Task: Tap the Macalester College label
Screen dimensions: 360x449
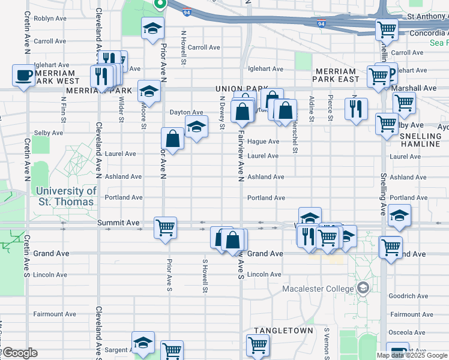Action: [x=318, y=289]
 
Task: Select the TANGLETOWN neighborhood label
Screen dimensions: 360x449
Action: [x=283, y=331]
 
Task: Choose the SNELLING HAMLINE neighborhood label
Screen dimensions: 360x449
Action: [x=420, y=140]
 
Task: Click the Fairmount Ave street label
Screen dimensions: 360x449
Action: [x=55, y=314]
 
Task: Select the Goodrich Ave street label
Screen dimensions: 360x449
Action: [x=408, y=296]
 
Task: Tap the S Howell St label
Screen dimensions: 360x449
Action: [x=205, y=277]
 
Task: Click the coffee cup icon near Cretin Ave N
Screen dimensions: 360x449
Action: [x=23, y=76]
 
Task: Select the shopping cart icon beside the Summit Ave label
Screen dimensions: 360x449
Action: [x=165, y=227]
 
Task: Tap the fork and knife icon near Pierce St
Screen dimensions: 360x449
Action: [x=357, y=108]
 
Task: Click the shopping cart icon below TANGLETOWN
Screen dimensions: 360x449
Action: [x=258, y=344]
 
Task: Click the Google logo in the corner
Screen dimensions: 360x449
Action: [x=19, y=353]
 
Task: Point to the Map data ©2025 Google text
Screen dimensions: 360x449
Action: [x=412, y=355]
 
